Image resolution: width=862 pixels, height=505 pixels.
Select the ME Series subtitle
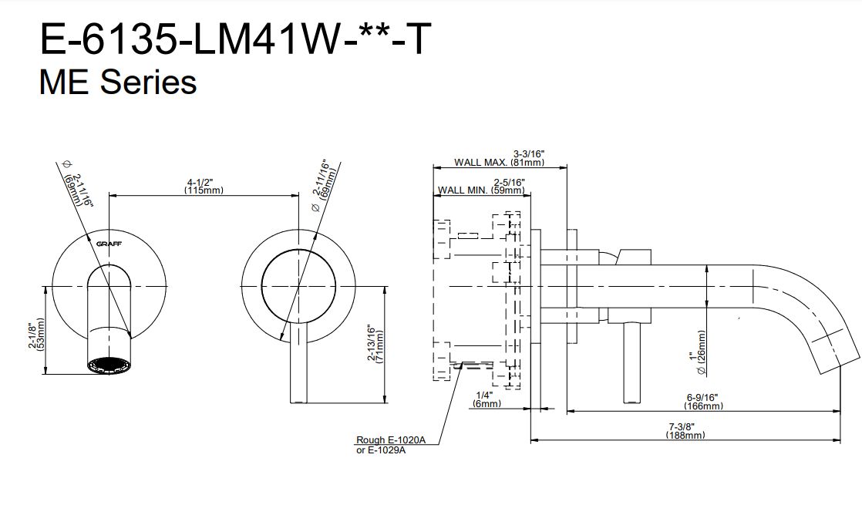tap(117, 81)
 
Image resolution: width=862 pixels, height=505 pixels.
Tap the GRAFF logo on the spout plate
tap(108, 243)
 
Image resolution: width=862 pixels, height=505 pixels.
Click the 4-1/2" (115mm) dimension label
tap(204, 186)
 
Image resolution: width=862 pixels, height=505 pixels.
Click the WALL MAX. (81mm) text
tap(499, 162)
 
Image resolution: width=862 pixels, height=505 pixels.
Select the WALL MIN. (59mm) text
tap(481, 190)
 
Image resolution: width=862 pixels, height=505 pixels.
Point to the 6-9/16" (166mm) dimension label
tap(703, 402)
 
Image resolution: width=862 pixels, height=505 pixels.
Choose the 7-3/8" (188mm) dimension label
tap(685, 431)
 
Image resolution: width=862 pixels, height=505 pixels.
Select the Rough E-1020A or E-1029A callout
tap(390, 445)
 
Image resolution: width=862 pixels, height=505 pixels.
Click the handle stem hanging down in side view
tap(632, 362)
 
